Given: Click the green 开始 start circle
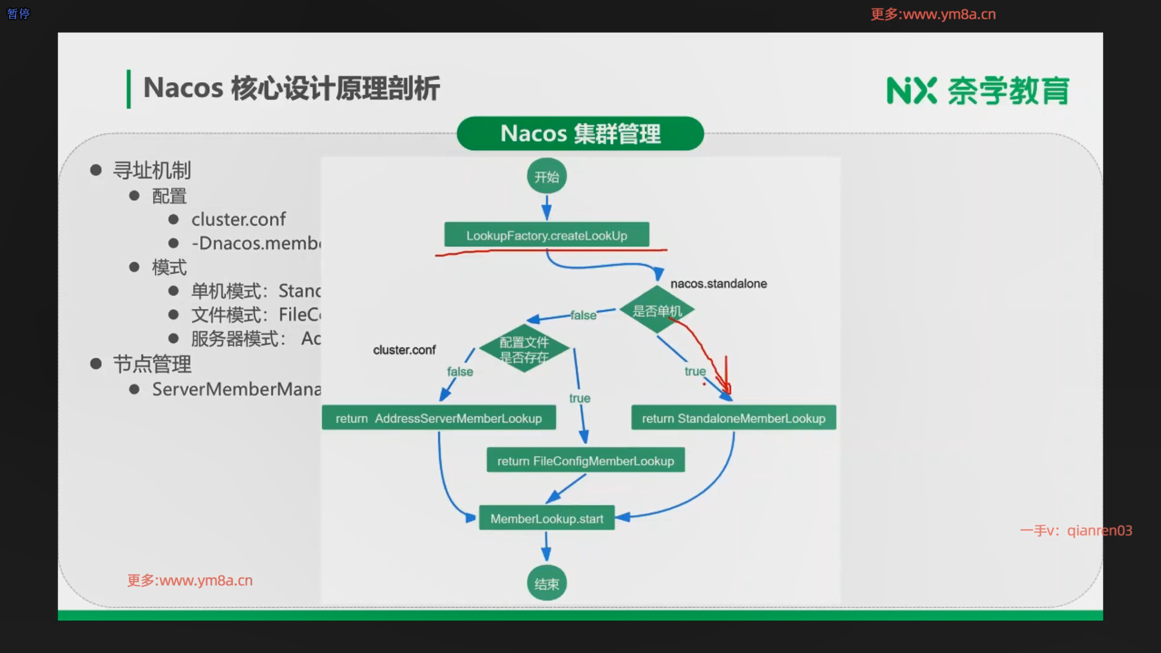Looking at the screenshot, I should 547,177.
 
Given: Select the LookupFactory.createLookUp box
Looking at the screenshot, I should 547,235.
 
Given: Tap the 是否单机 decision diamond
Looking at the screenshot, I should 657,310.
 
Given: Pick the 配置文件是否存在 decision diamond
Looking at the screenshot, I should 524,349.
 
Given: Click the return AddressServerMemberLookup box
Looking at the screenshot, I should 438,418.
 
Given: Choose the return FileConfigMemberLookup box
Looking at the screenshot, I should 585,461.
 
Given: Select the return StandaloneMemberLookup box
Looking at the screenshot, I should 733,418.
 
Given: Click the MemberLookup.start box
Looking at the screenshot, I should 547,518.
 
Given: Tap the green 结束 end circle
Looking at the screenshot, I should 547,583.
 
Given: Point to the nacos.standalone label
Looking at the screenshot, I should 718,284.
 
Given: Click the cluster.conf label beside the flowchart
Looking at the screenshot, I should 404,349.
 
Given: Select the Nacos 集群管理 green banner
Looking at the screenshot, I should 580,134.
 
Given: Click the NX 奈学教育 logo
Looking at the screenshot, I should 977,91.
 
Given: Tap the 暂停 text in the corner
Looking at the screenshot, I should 18,13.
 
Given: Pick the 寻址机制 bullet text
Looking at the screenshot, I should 152,171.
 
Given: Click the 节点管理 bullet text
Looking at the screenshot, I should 152,364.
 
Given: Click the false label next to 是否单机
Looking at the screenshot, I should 583,315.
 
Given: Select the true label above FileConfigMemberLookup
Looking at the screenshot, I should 579,398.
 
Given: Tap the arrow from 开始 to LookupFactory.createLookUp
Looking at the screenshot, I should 547,207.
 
